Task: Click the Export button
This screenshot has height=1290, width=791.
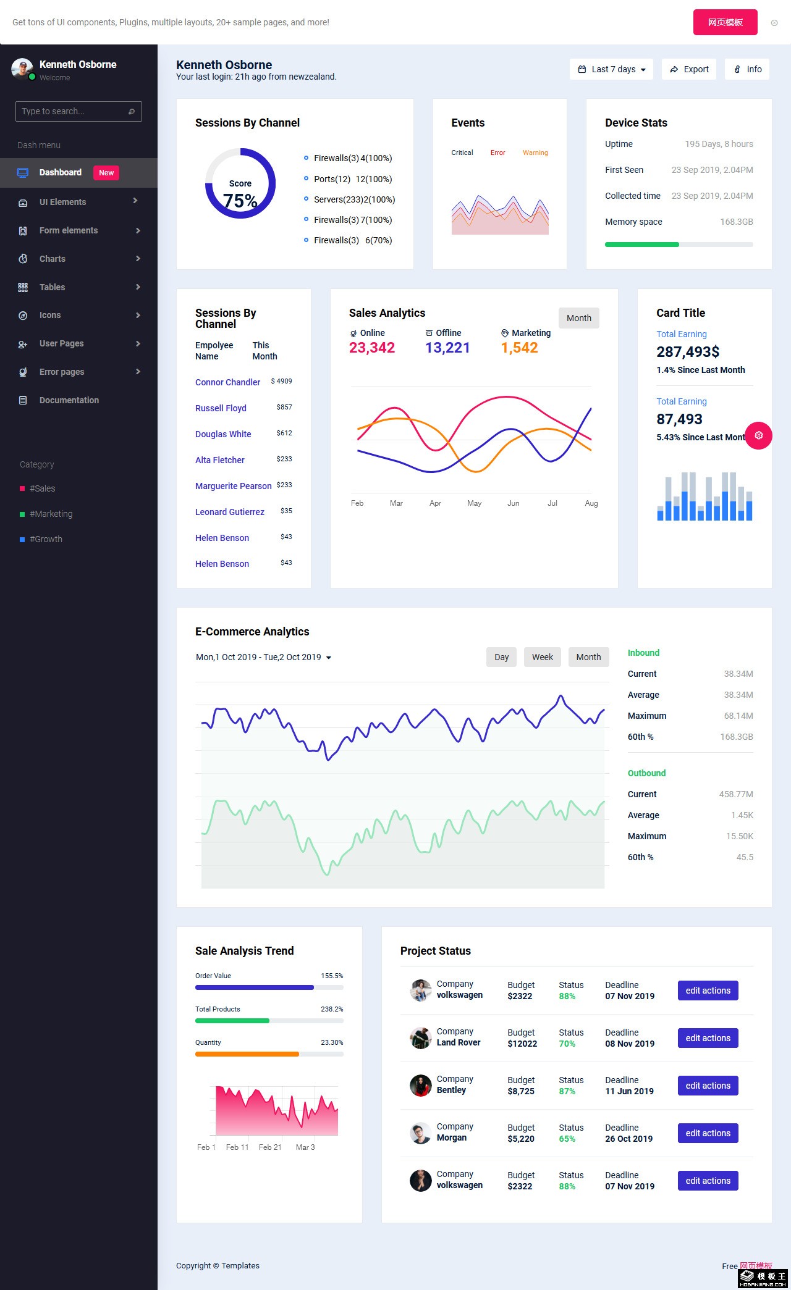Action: point(689,69)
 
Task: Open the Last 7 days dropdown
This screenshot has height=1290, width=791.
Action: point(612,69)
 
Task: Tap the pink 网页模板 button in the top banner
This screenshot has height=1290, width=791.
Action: point(725,22)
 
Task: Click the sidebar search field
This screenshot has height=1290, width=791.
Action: point(78,111)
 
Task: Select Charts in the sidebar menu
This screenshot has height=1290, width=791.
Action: point(53,259)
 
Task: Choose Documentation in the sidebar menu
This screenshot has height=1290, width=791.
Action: point(69,400)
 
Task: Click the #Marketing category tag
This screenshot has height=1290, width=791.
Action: point(51,514)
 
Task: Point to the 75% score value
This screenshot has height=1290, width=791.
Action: point(240,201)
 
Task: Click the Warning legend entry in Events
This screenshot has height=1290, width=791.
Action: point(535,153)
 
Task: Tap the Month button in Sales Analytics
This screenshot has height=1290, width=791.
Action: point(579,318)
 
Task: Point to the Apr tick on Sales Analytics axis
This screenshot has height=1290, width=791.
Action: point(435,503)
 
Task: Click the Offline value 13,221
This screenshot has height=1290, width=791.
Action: point(447,348)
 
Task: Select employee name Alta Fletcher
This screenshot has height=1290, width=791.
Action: point(220,460)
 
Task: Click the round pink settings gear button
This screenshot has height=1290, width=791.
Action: point(759,435)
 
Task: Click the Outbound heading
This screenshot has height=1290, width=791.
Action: point(646,773)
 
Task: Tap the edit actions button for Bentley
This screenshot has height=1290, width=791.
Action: point(708,1086)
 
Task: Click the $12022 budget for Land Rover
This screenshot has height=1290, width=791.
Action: point(522,1044)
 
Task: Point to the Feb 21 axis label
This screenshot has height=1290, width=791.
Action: point(270,1147)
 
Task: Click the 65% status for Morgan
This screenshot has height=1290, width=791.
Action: point(567,1139)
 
